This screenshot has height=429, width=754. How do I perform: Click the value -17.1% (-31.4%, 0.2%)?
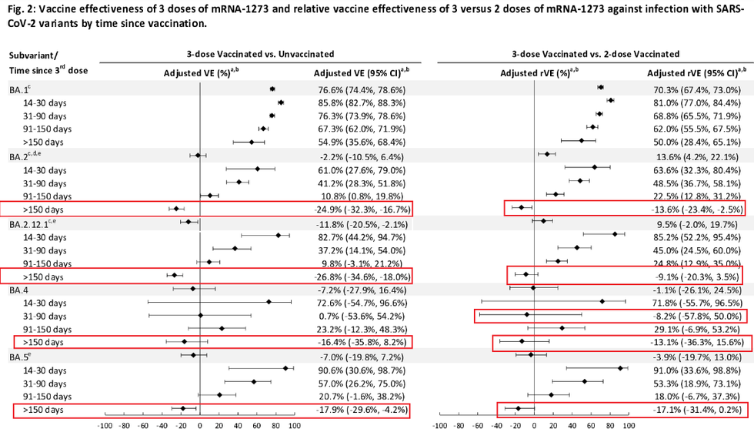pyautogui.click(x=697, y=409)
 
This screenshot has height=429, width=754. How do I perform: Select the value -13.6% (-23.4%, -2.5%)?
pyautogui.click(x=697, y=209)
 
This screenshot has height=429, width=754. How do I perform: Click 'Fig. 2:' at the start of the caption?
pyautogui.click(x=25, y=8)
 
